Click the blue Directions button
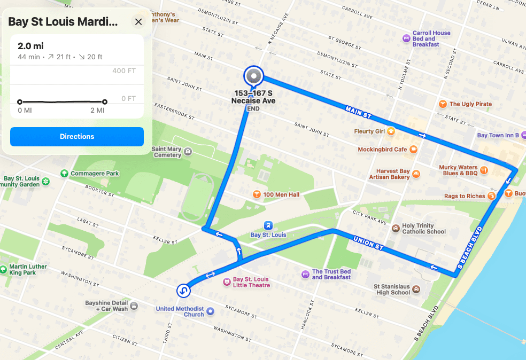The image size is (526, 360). (77, 137)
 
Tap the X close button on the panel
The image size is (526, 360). (138, 22)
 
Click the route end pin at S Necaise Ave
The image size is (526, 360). (253, 76)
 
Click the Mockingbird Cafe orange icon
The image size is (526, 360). (414, 150)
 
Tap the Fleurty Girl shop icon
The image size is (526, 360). (391, 131)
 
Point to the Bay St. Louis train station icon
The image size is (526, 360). (268, 225)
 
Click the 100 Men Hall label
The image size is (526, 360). (281, 194)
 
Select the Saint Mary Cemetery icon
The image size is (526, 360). (187, 152)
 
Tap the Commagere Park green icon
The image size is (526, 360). (65, 173)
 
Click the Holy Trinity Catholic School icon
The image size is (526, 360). (396, 229)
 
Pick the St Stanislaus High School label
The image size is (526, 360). (393, 289)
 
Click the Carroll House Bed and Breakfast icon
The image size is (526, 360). (406, 38)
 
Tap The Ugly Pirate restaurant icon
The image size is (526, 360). (442, 104)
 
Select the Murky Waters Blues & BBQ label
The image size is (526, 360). (458, 170)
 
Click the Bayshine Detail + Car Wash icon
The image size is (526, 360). (134, 306)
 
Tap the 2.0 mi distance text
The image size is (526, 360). (30, 46)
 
